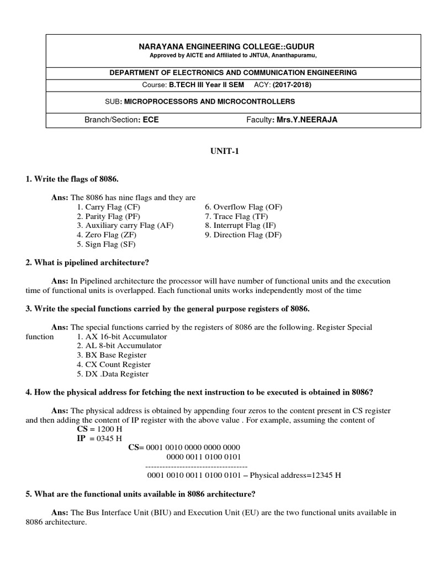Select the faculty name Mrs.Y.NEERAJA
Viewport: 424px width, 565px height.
point(305,120)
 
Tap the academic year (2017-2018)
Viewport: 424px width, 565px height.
point(295,84)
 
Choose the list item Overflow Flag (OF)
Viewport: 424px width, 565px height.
point(243,207)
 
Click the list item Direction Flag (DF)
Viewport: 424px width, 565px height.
point(243,235)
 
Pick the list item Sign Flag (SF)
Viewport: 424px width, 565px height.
point(107,244)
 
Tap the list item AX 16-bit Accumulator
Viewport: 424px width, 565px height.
point(122,336)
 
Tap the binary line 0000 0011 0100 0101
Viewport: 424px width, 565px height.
point(203,456)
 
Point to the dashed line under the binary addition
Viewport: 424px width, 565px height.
point(192,466)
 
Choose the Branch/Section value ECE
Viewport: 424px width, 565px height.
point(151,120)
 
